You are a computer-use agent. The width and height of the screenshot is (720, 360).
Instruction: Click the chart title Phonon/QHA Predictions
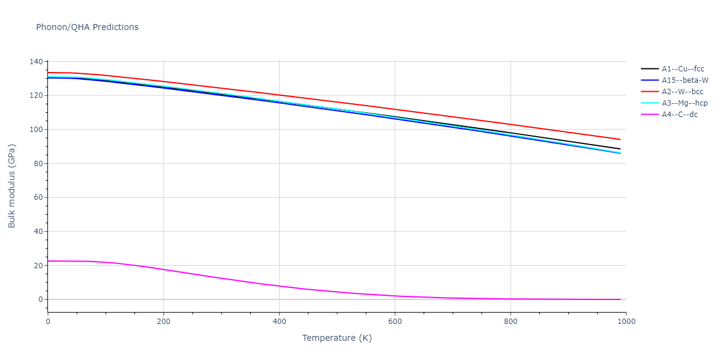(87, 27)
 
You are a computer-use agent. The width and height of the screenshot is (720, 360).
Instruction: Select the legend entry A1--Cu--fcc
(683, 69)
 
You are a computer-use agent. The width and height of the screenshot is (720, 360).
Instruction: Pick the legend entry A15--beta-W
(685, 80)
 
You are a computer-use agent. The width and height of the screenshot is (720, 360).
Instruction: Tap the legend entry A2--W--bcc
(682, 92)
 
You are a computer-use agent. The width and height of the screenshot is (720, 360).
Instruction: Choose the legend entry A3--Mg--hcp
(684, 103)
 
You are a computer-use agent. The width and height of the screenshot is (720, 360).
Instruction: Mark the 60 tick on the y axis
(38, 197)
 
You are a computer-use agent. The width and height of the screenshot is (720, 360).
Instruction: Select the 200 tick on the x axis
(163, 321)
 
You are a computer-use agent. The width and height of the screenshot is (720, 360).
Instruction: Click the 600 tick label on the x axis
(395, 321)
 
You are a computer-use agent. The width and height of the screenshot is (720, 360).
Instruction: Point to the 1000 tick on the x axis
(626, 321)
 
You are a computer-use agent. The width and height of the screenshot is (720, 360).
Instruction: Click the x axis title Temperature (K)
(337, 338)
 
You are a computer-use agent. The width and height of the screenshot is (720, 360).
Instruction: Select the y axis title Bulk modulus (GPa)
(12, 186)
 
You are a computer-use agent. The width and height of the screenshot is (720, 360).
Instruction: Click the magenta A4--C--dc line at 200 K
(163, 269)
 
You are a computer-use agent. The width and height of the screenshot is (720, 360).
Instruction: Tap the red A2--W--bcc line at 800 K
(511, 124)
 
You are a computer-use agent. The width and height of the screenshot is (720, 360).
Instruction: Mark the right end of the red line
(620, 139)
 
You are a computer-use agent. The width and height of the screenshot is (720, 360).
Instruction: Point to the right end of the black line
(620, 149)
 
